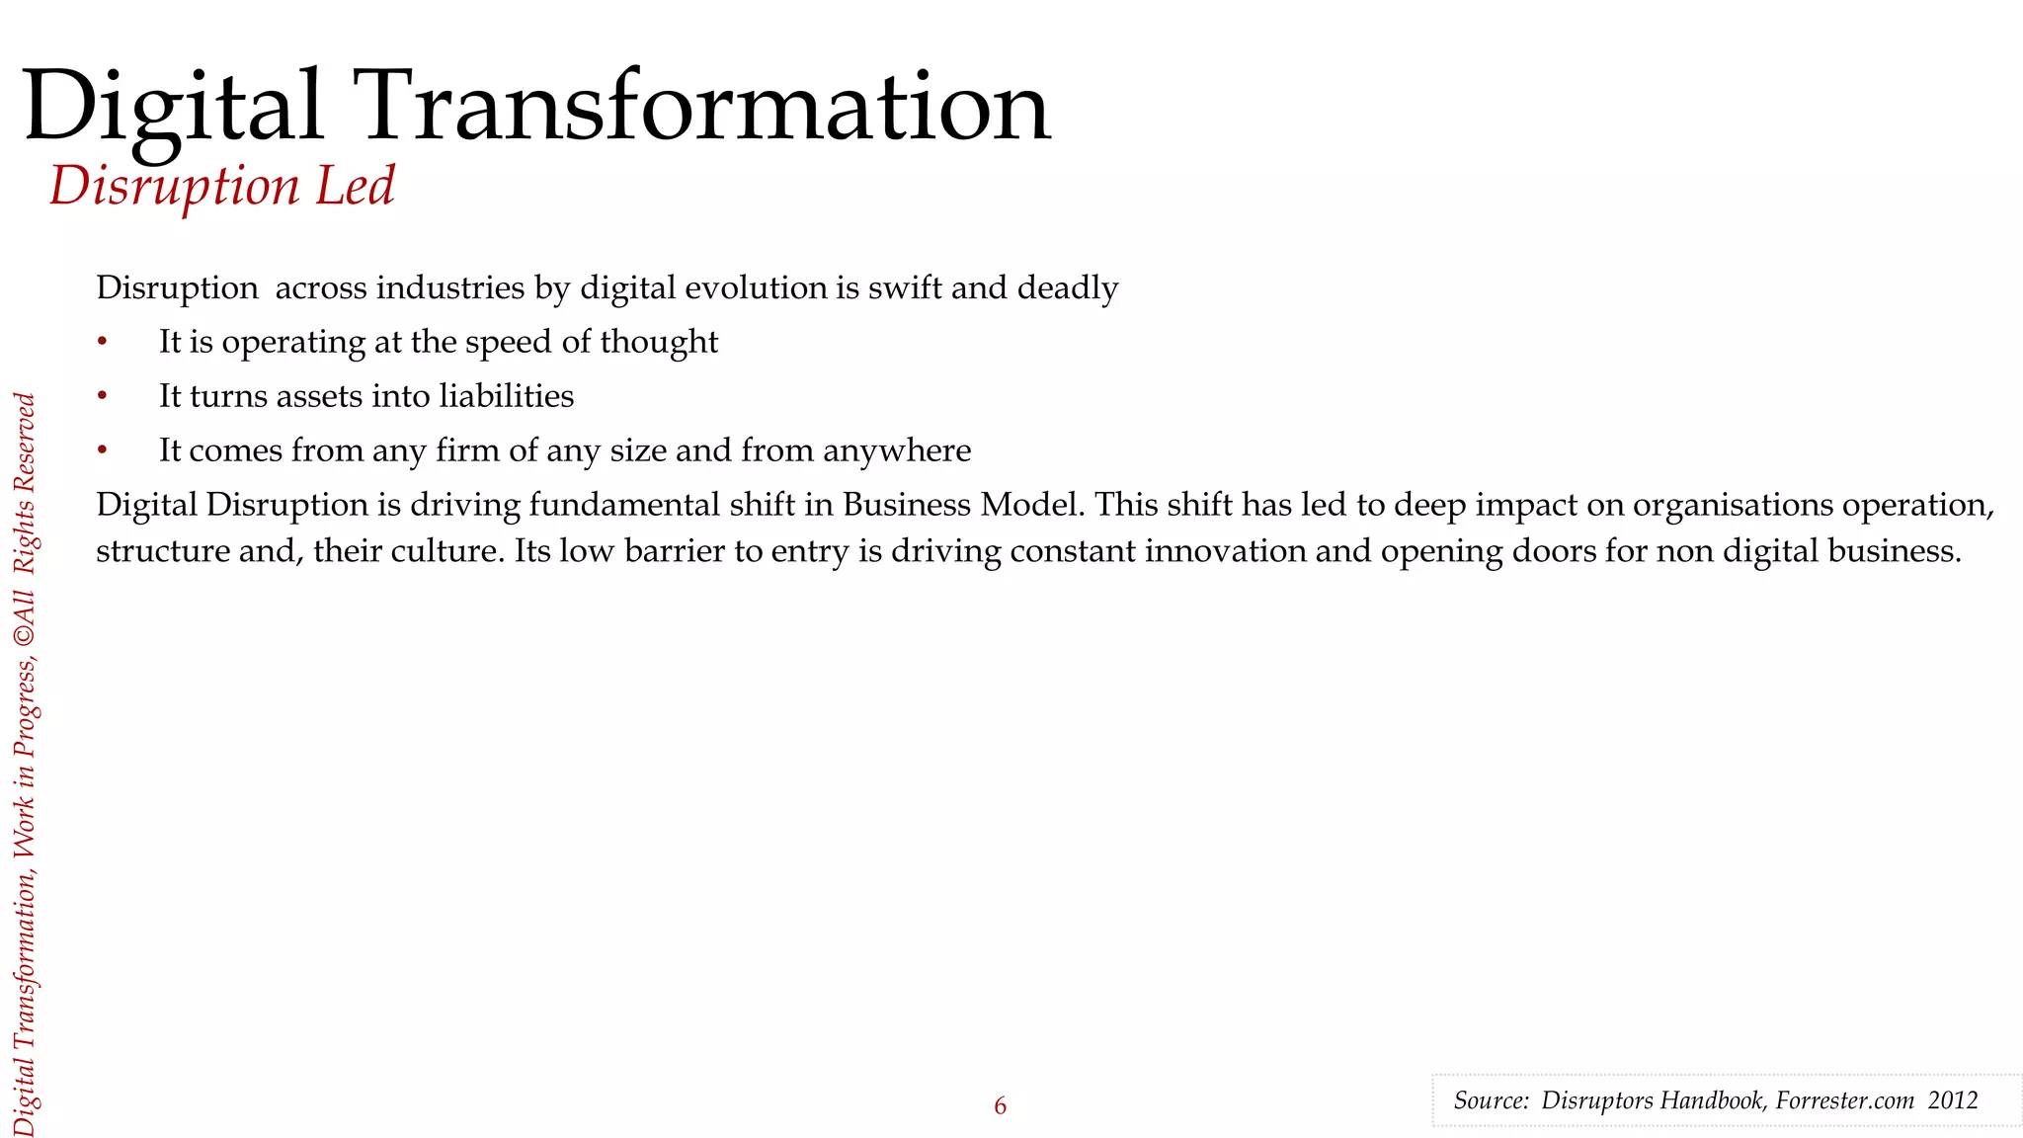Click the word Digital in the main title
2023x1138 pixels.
tap(173, 107)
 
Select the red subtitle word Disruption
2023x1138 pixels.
tap(174, 187)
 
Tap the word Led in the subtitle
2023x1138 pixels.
tap(355, 186)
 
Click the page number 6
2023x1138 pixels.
tap(1000, 1106)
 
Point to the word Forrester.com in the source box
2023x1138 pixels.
tap(1844, 1100)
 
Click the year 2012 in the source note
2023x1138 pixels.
tap(1953, 1100)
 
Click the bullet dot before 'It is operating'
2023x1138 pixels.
tap(102, 342)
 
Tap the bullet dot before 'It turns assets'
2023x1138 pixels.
tap(102, 396)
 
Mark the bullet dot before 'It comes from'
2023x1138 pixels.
tap(102, 450)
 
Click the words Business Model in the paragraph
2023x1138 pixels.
tap(963, 505)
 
